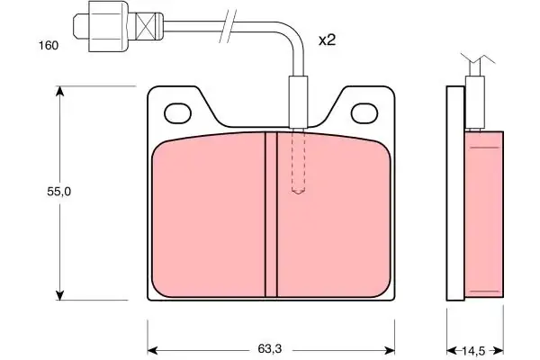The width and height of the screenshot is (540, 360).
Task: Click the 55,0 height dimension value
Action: click(59, 191)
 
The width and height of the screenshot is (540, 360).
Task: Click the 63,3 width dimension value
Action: click(270, 348)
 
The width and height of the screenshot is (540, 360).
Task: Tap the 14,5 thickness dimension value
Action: click(473, 351)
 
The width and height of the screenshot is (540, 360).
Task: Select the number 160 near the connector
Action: click(49, 46)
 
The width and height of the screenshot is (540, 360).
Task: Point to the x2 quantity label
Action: click(327, 40)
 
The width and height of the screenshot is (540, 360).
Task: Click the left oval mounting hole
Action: click(177, 113)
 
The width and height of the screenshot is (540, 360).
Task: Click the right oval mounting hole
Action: click(364, 113)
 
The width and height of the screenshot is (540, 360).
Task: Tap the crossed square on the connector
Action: click(145, 25)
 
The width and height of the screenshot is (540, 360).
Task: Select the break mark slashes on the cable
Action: click(228, 26)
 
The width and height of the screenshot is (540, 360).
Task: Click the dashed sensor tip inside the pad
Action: click(298, 161)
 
